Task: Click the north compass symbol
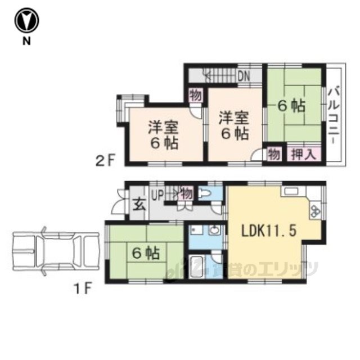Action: pos(26,20)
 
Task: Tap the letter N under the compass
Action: pos(26,41)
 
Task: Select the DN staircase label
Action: pos(244,76)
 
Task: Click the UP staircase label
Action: pos(157,195)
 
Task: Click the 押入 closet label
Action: pos(304,154)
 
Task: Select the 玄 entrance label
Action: pos(139,205)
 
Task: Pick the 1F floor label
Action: pos(83,288)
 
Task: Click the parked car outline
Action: pos(56,251)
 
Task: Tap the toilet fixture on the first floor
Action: pos(205,193)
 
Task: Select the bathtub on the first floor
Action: pos(197,267)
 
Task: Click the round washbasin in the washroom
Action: pos(215,230)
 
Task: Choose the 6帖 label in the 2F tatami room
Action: pos(291,106)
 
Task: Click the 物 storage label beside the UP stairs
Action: pos(187,193)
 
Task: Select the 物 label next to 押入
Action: pos(274,154)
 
